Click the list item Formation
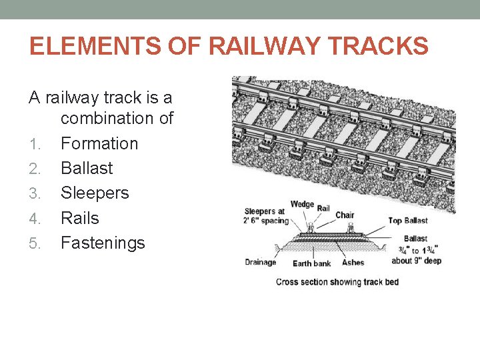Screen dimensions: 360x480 (99, 143)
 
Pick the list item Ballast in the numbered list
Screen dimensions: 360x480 (87, 168)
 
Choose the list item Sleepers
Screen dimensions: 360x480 (95, 193)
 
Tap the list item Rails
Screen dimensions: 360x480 (80, 218)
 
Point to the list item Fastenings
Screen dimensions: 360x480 (103, 243)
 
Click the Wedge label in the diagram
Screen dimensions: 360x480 (302, 205)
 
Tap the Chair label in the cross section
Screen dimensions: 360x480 (344, 215)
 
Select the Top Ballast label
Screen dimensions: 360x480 (407, 221)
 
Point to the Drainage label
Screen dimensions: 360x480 (260, 262)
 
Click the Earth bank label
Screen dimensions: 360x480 (312, 263)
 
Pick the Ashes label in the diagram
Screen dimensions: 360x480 (353, 263)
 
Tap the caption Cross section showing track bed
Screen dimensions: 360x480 (337, 282)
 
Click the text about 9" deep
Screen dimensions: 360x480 (416, 261)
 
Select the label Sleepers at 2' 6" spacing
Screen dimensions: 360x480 (267, 216)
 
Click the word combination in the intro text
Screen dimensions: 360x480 (117, 119)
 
